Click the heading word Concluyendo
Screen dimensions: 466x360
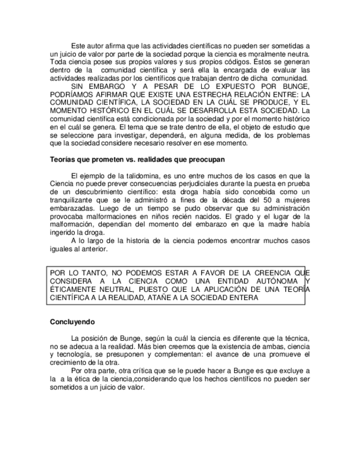(x=73, y=321)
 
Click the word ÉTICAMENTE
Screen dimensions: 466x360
(x=71, y=290)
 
